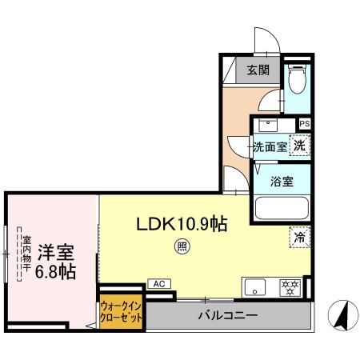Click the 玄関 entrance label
click(x=257, y=70)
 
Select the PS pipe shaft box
click(x=305, y=124)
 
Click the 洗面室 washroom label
click(x=270, y=147)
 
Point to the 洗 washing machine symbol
click(x=298, y=146)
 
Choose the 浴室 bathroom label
click(x=282, y=180)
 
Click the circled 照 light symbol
click(x=182, y=247)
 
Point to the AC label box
click(x=158, y=284)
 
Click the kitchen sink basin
click(x=256, y=287)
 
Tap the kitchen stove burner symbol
click(x=288, y=287)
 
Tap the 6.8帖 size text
click(x=55, y=272)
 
